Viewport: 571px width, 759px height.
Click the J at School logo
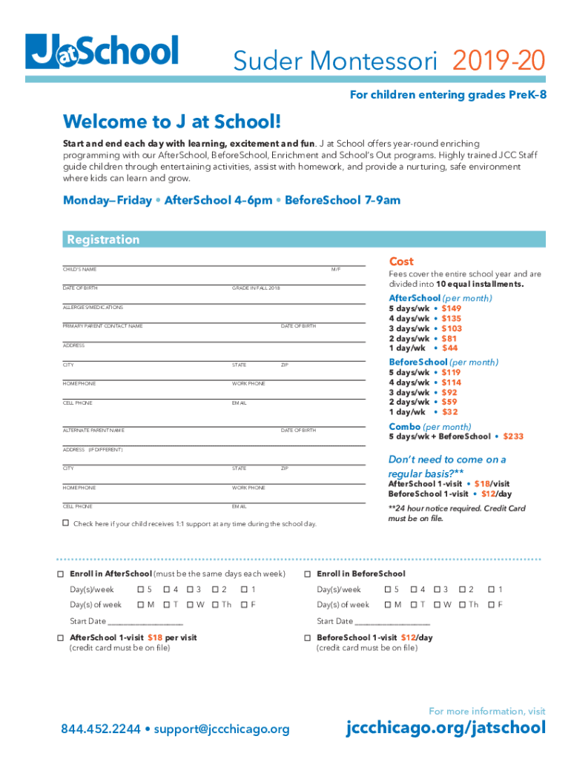tap(102, 51)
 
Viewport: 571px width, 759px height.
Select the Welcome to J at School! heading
tap(172, 122)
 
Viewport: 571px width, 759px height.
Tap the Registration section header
tap(103, 239)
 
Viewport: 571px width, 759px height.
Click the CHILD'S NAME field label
tap(79, 270)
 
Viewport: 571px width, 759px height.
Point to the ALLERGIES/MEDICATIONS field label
tap(93, 307)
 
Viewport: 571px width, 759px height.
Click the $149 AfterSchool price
tap(451, 308)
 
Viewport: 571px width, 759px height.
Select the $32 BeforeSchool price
tap(449, 411)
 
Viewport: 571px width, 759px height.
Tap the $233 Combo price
tap(513, 437)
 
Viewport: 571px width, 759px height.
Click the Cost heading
tap(401, 262)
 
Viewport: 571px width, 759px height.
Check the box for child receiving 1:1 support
tap(65, 523)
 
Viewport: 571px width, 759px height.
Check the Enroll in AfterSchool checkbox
tap(60, 574)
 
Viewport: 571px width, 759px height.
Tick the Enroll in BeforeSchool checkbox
tap(307, 574)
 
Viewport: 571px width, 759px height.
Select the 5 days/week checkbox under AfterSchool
tap(140, 590)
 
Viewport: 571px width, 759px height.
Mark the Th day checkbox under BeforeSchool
tap(462, 605)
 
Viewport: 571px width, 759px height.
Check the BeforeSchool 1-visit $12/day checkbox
tap(307, 638)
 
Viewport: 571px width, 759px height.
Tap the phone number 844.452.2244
tap(101, 729)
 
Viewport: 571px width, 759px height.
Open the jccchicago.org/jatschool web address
tap(446, 728)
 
